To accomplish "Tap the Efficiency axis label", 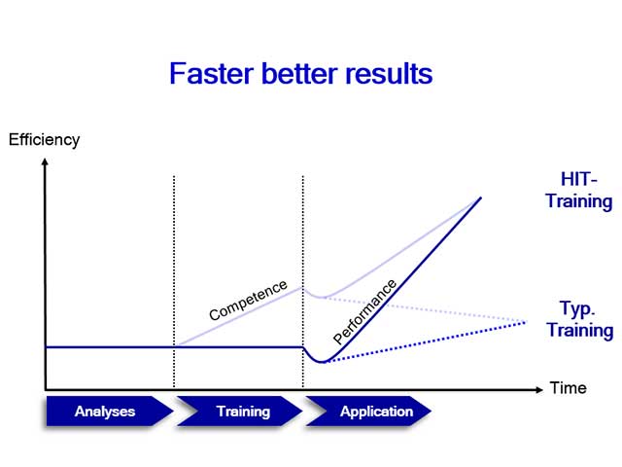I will click(x=44, y=139).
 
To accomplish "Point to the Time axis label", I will click(x=568, y=388).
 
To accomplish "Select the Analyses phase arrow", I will click(x=105, y=412).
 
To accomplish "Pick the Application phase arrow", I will click(x=375, y=412).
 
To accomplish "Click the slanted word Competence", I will click(x=249, y=301).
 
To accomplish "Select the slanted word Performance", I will click(x=365, y=311).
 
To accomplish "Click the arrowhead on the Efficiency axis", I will click(x=45, y=159).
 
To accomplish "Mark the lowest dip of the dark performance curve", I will click(x=323, y=362).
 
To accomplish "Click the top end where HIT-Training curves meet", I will click(x=481, y=198).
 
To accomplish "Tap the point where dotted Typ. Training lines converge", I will click(x=526, y=322).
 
